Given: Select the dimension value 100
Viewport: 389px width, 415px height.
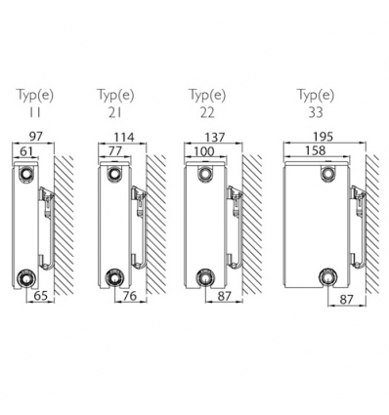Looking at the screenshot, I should point(204,152).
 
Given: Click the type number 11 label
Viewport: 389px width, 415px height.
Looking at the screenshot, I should point(27,113).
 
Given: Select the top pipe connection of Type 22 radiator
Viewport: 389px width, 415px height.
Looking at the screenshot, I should point(205,175).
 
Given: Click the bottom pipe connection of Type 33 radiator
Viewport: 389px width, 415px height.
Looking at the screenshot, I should point(323,276).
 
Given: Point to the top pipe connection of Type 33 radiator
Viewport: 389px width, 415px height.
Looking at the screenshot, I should point(323,175).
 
